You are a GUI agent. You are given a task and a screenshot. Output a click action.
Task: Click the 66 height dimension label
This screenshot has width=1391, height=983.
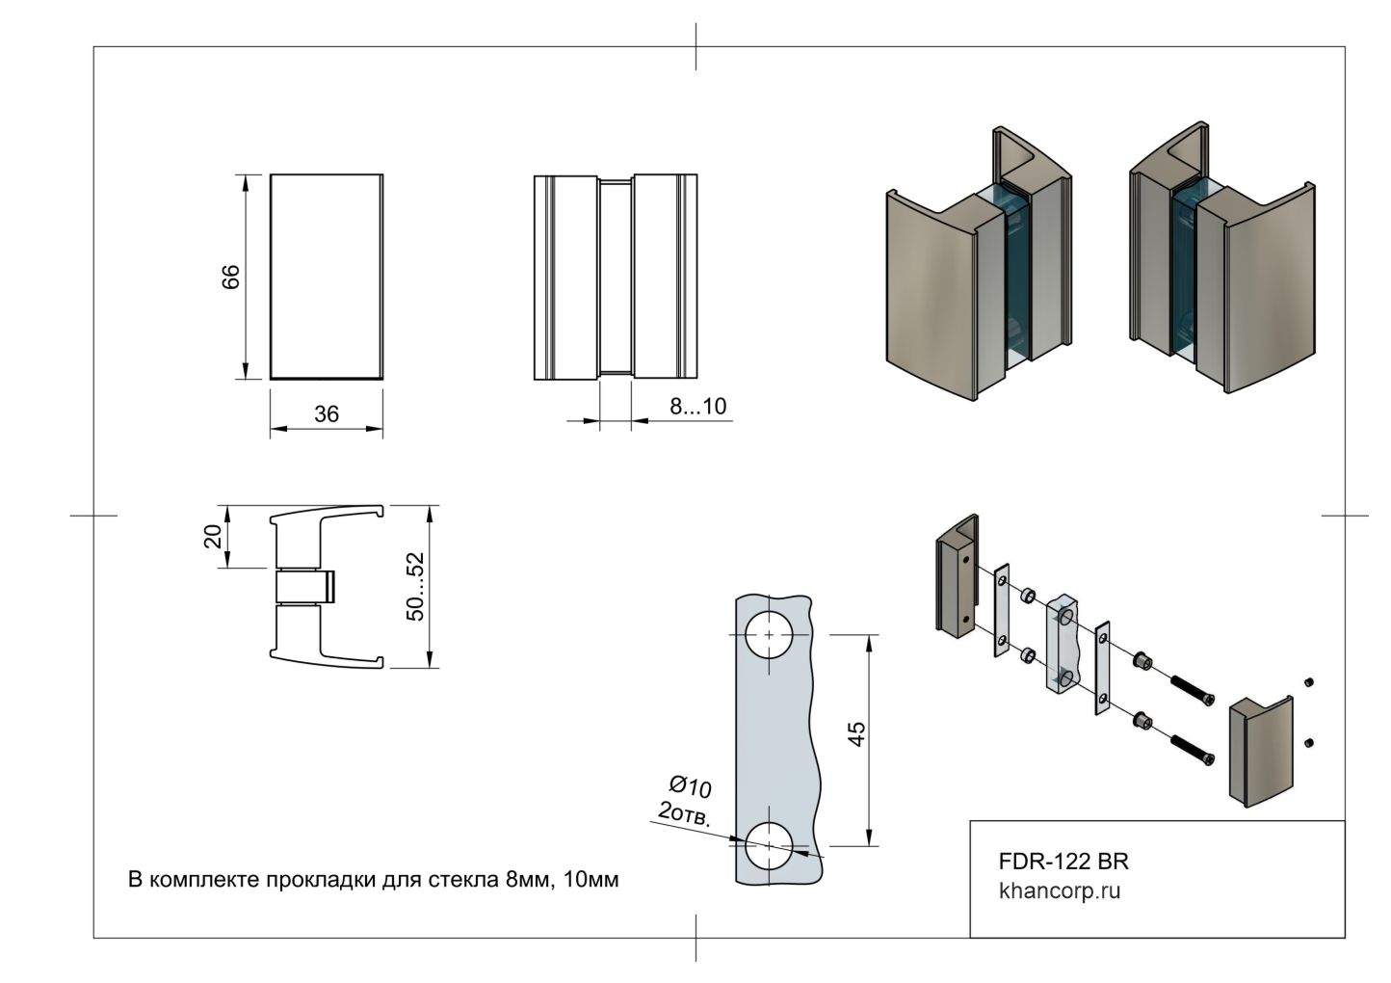point(230,277)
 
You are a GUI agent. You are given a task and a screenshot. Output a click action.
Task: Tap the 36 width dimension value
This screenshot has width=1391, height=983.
point(327,414)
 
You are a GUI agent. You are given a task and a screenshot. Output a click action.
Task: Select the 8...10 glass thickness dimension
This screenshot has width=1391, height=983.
point(697,407)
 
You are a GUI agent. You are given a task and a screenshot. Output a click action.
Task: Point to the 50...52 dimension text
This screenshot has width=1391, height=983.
point(415,587)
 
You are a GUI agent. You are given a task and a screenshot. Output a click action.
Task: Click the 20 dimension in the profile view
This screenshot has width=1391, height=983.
point(213,536)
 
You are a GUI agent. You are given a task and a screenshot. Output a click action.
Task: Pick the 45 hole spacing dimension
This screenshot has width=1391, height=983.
point(856,733)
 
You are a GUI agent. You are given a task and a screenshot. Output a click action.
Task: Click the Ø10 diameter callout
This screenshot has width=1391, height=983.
point(690,786)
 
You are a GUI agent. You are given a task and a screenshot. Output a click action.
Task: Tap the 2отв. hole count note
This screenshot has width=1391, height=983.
point(684,814)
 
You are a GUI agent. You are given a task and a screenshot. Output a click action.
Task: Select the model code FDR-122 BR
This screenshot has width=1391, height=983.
point(1063,862)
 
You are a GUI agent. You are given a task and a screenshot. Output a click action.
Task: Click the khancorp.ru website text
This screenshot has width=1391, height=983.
point(1060,891)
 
